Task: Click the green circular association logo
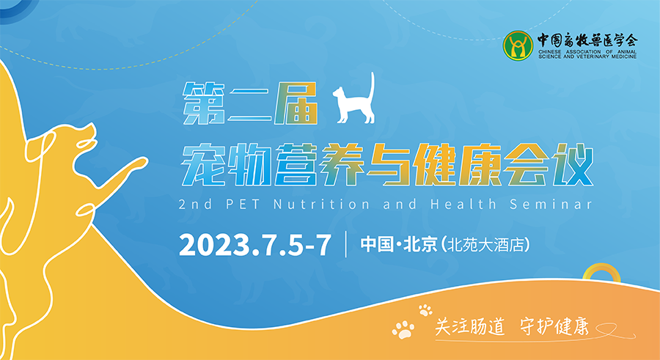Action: coord(518,45)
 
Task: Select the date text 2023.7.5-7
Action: coord(255,245)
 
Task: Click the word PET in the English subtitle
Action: coord(243,205)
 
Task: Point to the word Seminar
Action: coord(551,205)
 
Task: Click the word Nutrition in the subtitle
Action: coord(322,205)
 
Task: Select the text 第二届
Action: coord(249,103)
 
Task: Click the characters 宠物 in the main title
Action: coord(227,165)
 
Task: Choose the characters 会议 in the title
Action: coord(549,165)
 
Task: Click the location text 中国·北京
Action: coord(399,245)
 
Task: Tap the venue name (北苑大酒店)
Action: coord(485,245)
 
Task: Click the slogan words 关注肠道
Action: coord(469,326)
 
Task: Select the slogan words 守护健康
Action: coord(554,326)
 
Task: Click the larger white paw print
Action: coord(403,330)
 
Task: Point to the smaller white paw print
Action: coord(425,310)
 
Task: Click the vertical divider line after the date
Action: coord(346,244)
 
